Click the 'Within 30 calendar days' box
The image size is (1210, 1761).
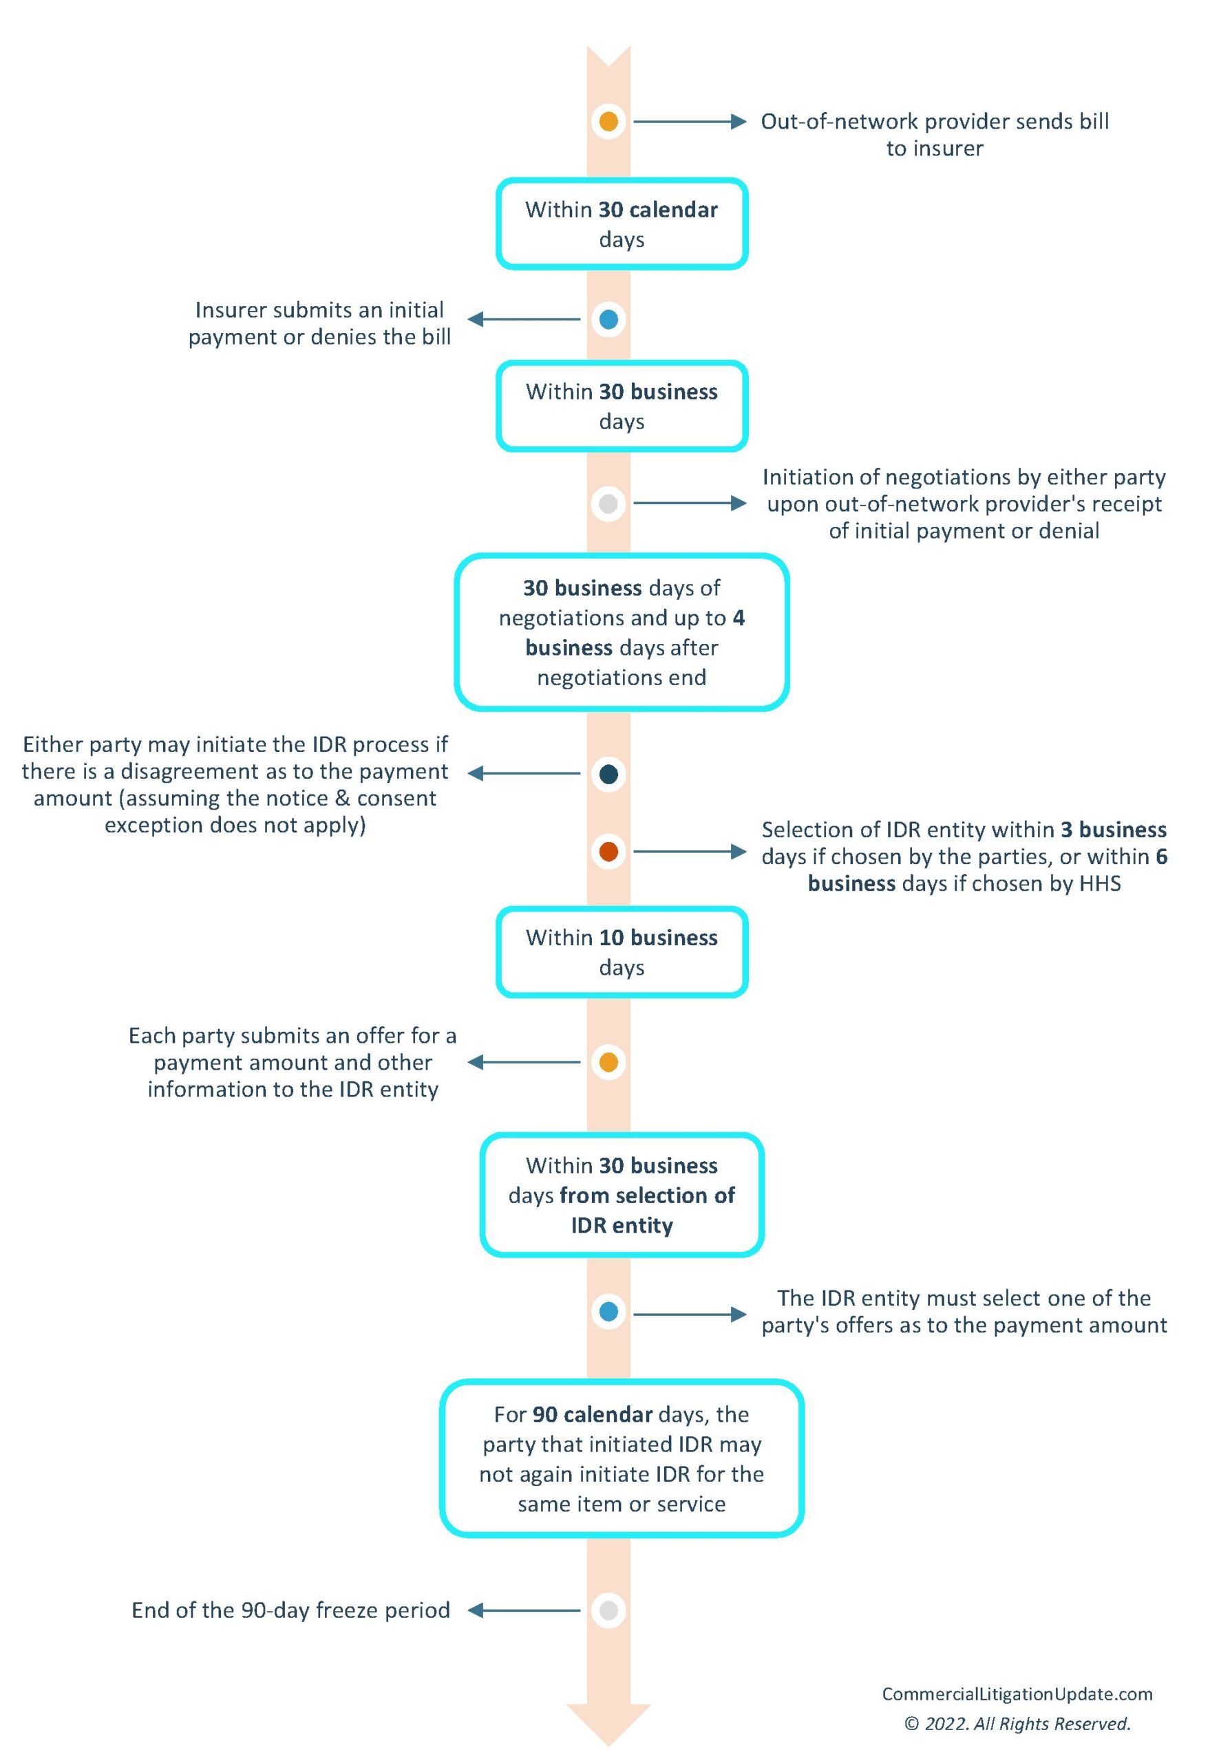point(622,224)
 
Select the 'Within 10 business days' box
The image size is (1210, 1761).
point(622,952)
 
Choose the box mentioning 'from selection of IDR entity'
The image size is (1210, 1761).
point(622,1195)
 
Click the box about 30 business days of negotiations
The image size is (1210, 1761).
point(622,633)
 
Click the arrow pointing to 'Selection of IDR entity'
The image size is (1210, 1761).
point(689,852)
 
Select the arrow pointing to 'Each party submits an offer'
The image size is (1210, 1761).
point(524,1062)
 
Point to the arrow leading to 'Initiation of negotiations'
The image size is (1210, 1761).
point(689,503)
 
